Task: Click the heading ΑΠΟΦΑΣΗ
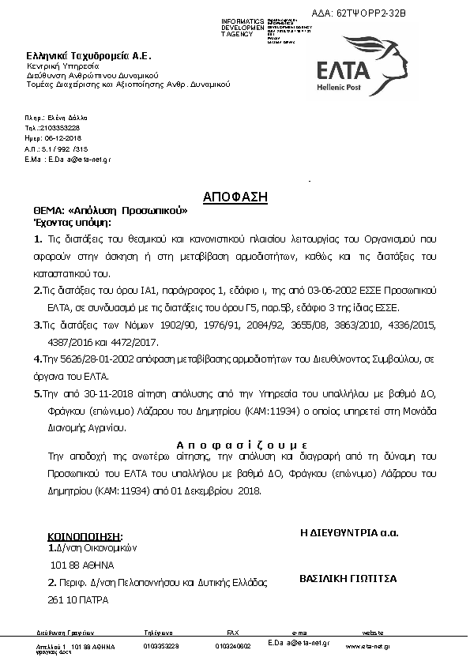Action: (235, 196)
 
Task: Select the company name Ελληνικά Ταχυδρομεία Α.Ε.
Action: (88, 56)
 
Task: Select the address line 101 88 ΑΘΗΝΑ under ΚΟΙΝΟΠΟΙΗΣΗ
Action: (82, 565)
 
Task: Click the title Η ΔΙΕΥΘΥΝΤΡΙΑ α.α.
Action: (349, 533)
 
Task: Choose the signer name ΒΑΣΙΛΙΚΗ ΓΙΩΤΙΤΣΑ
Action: (348, 579)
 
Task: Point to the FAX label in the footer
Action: (232, 633)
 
